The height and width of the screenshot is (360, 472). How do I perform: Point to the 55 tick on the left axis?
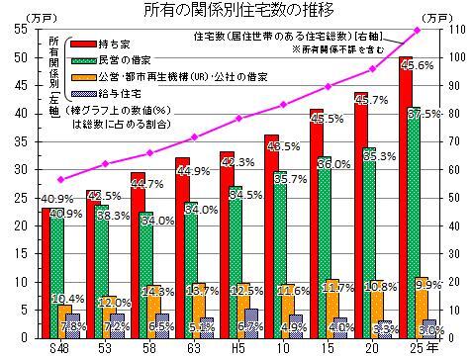22,30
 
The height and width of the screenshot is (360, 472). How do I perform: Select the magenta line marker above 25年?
417,31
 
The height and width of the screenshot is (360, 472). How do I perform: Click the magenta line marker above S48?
60,180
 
